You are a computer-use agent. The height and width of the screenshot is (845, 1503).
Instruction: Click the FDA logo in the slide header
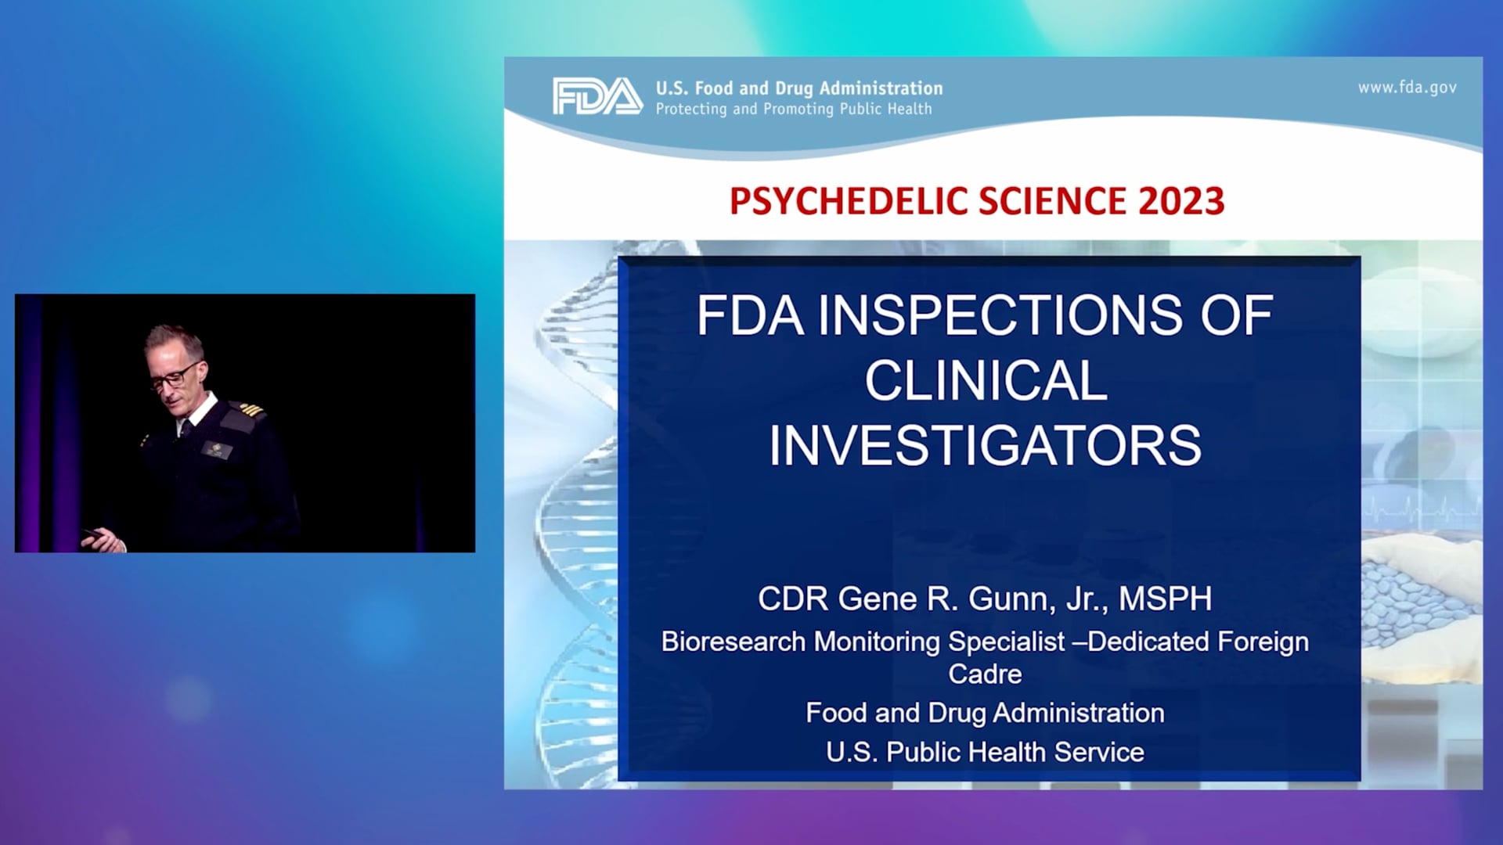tap(597, 96)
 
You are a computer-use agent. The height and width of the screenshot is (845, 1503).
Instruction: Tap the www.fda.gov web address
tap(1407, 88)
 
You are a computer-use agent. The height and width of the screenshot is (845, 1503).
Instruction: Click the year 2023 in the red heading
tap(1181, 201)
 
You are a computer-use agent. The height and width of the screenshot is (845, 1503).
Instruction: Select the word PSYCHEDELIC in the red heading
tap(849, 201)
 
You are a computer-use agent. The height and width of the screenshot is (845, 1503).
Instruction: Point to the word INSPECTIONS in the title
tap(1000, 315)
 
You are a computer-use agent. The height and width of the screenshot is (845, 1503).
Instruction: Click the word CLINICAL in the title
tap(986, 381)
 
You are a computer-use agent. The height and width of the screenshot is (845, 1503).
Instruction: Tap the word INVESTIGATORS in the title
tap(985, 446)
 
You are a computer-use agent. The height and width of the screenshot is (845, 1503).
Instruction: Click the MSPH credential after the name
tap(1165, 599)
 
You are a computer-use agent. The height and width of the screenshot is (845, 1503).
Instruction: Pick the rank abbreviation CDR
tap(793, 599)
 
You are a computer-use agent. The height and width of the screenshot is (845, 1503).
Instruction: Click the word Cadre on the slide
tap(985, 674)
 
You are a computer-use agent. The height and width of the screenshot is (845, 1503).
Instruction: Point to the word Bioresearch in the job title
tap(733, 642)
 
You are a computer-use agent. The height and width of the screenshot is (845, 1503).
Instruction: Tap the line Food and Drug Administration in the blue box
tap(985, 713)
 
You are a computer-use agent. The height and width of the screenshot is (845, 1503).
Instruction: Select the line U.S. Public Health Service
tap(985, 752)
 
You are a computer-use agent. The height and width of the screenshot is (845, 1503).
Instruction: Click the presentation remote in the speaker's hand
tap(94, 534)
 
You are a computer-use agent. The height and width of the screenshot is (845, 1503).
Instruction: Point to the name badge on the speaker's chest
tap(215, 449)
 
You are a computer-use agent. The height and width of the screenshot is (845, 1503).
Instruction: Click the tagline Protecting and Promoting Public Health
tap(794, 110)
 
